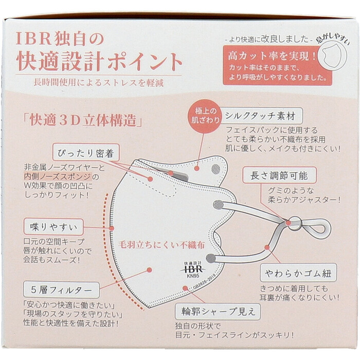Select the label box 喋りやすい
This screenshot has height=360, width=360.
click(53, 227)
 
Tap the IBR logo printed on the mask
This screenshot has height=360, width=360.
click(192, 268)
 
